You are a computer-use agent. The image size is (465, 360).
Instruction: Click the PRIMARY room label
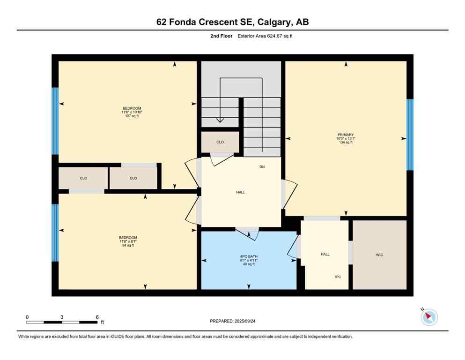pyautogui.click(x=346, y=135)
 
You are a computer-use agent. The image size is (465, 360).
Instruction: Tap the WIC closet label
pyautogui.click(x=379, y=255)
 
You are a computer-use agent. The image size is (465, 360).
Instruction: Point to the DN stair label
pyautogui.click(x=262, y=167)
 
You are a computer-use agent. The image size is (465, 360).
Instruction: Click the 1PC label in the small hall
pyautogui.click(x=337, y=277)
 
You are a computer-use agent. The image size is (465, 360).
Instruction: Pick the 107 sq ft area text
pyautogui.click(x=132, y=116)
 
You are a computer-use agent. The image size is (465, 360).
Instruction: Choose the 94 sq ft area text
pyautogui.click(x=128, y=245)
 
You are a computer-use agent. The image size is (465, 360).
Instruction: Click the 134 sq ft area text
pyautogui.click(x=346, y=142)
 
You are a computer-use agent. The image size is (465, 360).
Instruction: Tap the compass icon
pyautogui.click(x=428, y=317)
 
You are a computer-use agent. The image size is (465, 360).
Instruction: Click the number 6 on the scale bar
pyautogui.click(x=97, y=317)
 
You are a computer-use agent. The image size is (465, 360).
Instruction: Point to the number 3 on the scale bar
pyautogui.click(x=62, y=317)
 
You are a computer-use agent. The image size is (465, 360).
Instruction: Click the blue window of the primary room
pyautogui.click(x=410, y=135)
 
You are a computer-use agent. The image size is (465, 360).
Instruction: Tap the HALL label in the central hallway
pyautogui.click(x=240, y=192)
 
